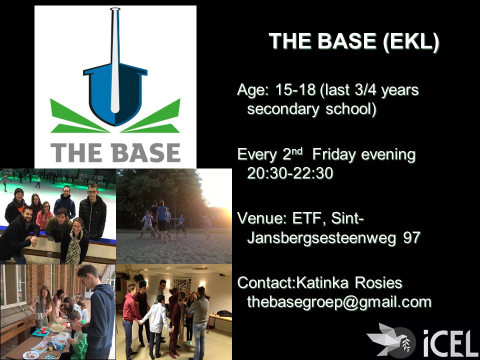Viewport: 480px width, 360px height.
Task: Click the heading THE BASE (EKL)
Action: point(354,41)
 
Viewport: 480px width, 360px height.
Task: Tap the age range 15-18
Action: point(295,89)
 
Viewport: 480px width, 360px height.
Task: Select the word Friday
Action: point(333,155)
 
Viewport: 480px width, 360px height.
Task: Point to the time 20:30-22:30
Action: point(290,173)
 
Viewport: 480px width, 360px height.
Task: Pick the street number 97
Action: point(411,237)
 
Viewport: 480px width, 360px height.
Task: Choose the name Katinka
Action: point(322,282)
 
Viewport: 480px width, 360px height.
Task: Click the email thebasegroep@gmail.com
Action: point(339,302)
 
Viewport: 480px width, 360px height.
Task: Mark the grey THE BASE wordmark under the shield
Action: point(115,152)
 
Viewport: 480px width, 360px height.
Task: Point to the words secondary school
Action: point(311,109)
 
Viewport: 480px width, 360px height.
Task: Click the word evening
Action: point(388,154)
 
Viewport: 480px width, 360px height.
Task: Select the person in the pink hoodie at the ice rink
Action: point(44,215)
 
